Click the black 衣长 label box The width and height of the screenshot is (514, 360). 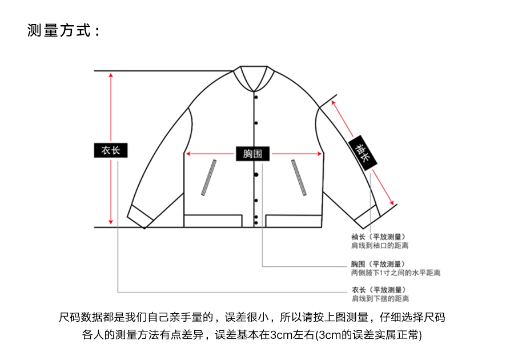[111, 150]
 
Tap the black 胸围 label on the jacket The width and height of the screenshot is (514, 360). [252, 154]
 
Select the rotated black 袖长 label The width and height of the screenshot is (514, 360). [363, 152]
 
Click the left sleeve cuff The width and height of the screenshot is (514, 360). [140, 214]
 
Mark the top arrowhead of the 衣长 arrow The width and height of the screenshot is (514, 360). [111, 75]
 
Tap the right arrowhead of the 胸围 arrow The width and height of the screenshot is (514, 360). [320, 154]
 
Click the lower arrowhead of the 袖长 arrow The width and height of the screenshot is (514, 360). [392, 202]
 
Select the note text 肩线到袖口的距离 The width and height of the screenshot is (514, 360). [380, 246]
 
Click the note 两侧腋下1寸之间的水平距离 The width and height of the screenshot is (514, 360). [396, 273]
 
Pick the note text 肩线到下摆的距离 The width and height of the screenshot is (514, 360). [380, 299]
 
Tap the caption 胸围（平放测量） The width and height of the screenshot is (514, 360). [378, 264]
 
